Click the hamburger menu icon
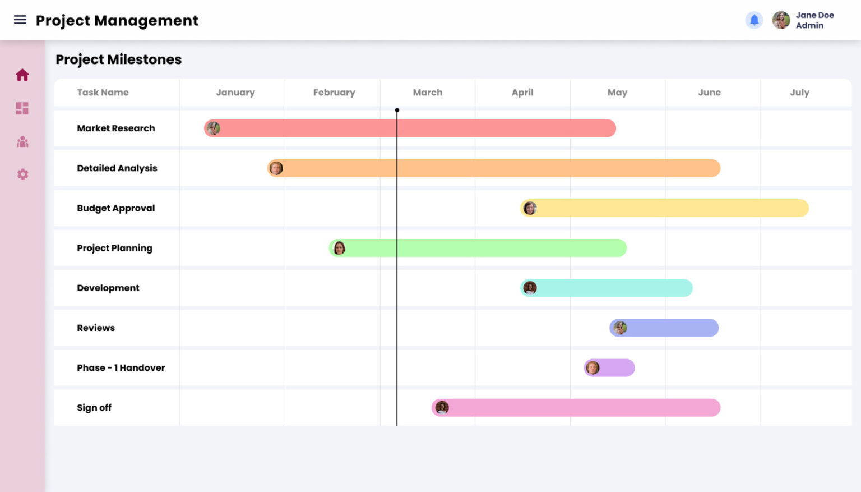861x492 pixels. pyautogui.click(x=20, y=20)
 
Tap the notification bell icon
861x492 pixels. pyautogui.click(x=754, y=20)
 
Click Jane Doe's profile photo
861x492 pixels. pyautogui.click(x=781, y=20)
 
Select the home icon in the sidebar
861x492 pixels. pyautogui.click(x=22, y=75)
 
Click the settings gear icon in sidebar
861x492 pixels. pyautogui.click(x=22, y=174)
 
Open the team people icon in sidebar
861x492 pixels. pyautogui.click(x=22, y=142)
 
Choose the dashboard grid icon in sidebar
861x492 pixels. pyautogui.click(x=22, y=108)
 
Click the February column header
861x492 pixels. pyautogui.click(x=334, y=93)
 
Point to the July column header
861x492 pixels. pyautogui.click(x=799, y=93)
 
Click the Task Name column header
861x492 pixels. pyautogui.click(x=103, y=93)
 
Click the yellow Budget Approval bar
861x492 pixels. pyautogui.click(x=667, y=208)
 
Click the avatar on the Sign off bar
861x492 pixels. pyautogui.click(x=442, y=408)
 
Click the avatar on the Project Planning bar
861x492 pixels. pyautogui.click(x=339, y=248)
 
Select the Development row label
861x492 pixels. pyautogui.click(x=108, y=288)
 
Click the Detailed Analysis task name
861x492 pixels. pyautogui.click(x=117, y=168)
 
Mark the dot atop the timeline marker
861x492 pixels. pyautogui.click(x=397, y=111)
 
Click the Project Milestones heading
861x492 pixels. pyautogui.click(x=118, y=59)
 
